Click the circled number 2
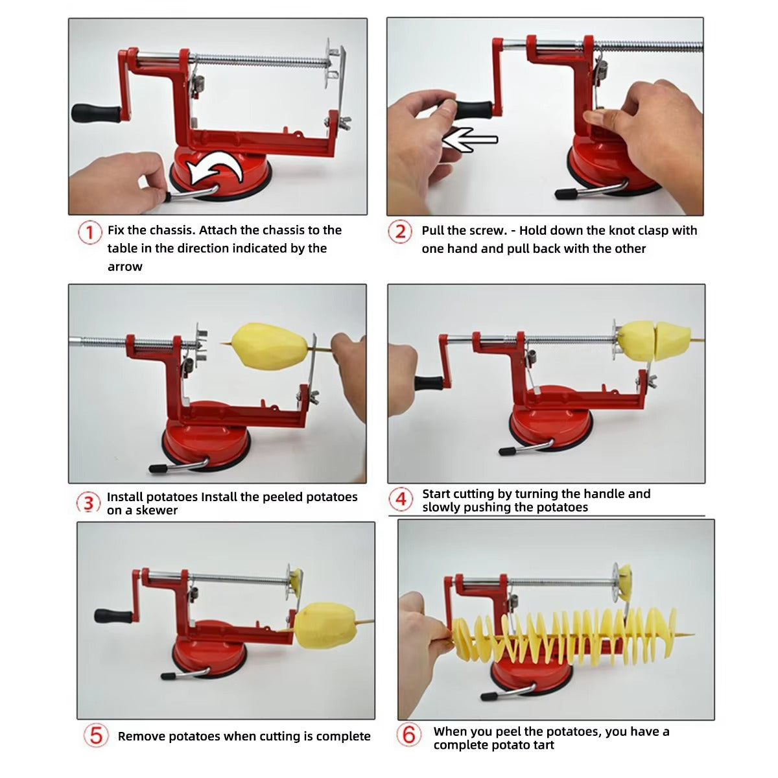click(x=400, y=231)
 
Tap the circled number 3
click(x=89, y=502)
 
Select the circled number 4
click(x=401, y=499)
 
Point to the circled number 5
click(x=96, y=736)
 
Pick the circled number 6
click(x=408, y=735)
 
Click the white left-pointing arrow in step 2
click(x=469, y=139)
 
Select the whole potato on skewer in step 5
click(x=325, y=624)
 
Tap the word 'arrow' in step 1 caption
click(x=124, y=266)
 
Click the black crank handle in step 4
click(x=429, y=383)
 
